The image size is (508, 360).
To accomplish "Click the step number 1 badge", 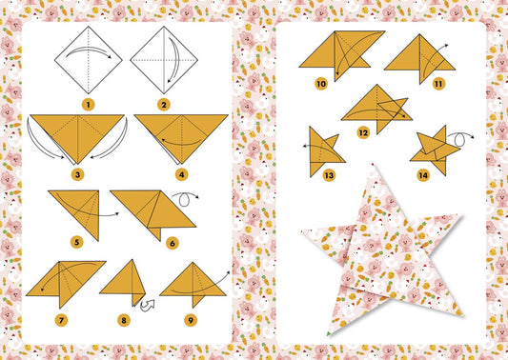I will point(88,104).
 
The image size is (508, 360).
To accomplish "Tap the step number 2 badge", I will point(164,104).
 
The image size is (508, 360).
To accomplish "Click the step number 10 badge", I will point(321,84).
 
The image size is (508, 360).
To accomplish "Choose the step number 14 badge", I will point(421,175).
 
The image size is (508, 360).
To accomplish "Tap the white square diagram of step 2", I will point(163,59).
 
